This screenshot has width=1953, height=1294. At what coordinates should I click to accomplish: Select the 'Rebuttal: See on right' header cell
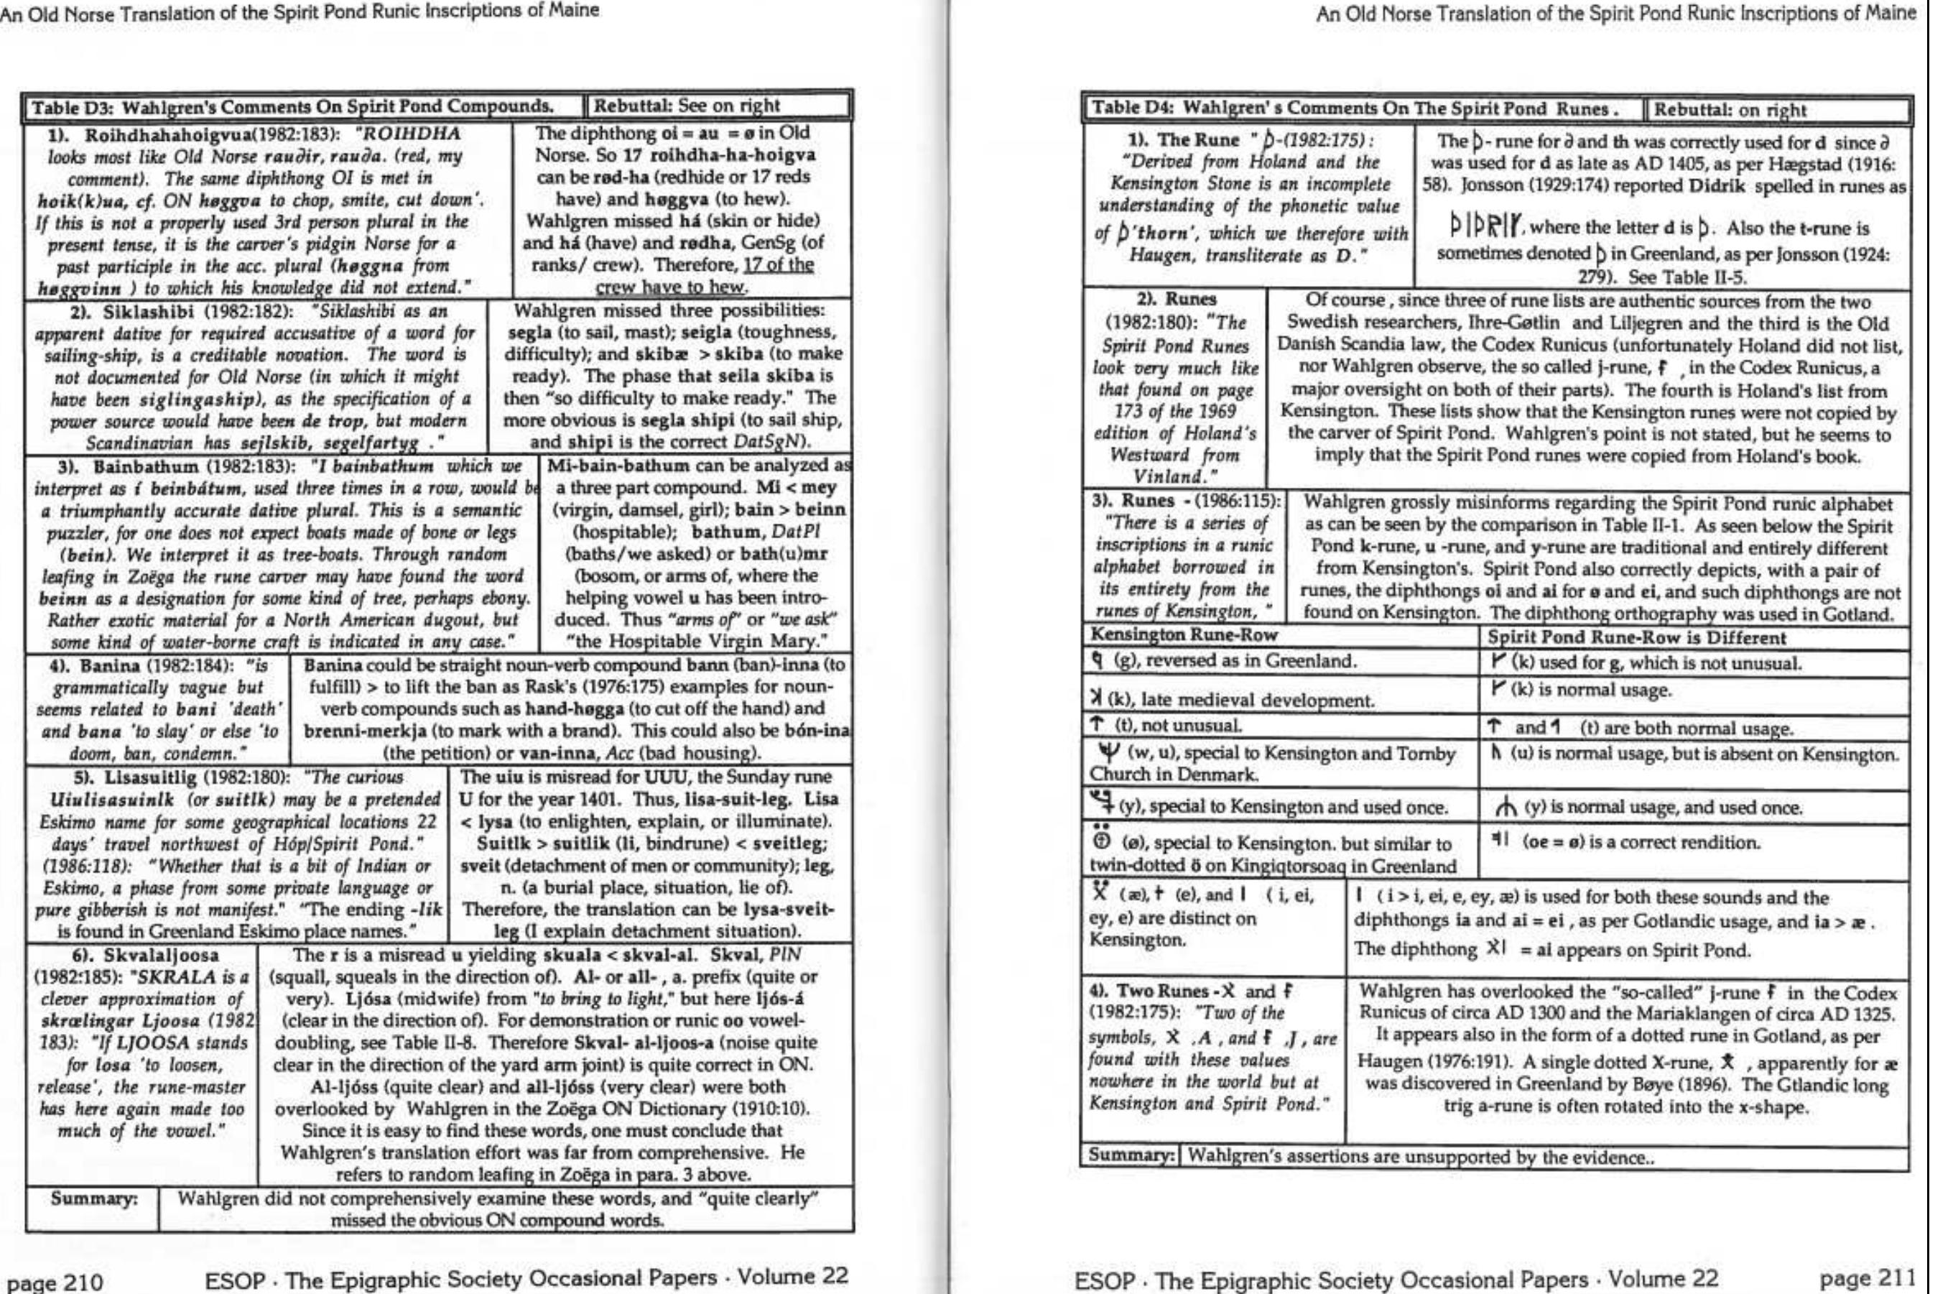[x=687, y=106]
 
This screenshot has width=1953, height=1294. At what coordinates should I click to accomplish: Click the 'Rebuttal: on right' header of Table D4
[x=1730, y=110]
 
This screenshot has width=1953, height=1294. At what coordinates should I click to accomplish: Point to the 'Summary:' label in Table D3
[x=93, y=1198]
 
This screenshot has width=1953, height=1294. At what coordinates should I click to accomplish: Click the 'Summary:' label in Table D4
[x=1130, y=1155]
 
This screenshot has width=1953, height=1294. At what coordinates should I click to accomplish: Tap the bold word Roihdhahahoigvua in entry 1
[x=156, y=134]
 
